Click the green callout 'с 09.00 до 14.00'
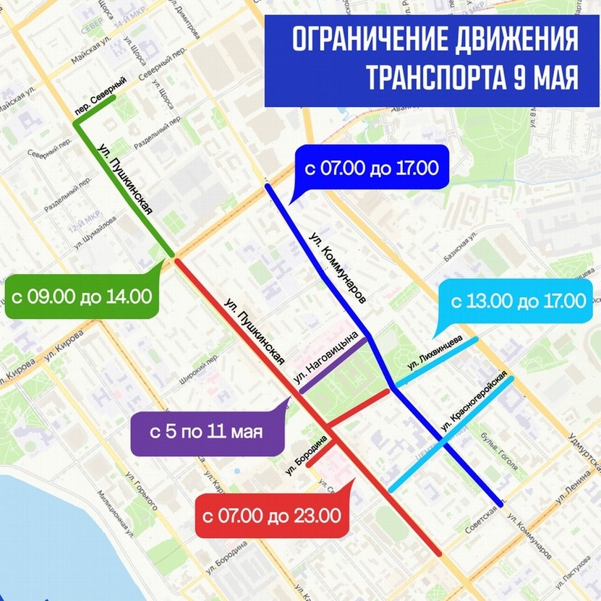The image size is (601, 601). (x=81, y=297)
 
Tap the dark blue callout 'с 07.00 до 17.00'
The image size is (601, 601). (x=371, y=169)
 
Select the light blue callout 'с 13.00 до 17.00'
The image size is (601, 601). (x=519, y=301)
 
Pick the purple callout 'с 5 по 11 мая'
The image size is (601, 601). (x=205, y=433)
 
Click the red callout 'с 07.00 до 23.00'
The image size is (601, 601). (x=270, y=516)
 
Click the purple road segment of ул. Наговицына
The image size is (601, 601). (x=334, y=365)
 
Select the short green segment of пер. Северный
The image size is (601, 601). (x=94, y=109)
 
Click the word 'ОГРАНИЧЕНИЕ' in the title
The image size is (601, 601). (x=365, y=40)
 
